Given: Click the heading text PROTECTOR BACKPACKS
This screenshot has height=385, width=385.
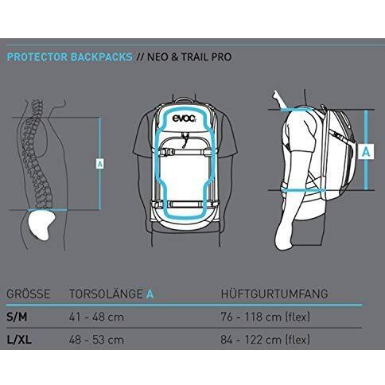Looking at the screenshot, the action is (x=69, y=57).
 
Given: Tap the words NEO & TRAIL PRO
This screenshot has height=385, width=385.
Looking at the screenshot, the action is (x=189, y=57).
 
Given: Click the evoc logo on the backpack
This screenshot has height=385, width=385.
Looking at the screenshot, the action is (x=185, y=119).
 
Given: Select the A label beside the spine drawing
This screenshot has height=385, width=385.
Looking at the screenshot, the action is (x=99, y=164).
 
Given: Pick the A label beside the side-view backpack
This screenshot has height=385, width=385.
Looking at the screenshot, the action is (x=366, y=152).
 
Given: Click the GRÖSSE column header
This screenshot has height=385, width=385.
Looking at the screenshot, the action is (x=29, y=294).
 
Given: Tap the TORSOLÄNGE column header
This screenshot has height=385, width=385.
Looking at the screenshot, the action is (x=106, y=294).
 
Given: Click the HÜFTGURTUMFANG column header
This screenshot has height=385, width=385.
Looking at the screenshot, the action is (x=274, y=294).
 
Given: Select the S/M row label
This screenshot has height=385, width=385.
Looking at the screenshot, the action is (x=17, y=317).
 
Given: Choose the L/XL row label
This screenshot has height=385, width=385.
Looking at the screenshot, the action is (x=19, y=340).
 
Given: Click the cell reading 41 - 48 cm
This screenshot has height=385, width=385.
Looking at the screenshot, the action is (x=96, y=317).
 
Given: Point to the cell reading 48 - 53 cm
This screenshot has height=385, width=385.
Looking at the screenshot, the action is (x=96, y=340).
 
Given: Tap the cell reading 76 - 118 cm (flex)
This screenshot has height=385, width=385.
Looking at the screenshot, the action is (x=265, y=317).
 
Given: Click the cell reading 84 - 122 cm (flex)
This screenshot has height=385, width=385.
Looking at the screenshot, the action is (x=265, y=340).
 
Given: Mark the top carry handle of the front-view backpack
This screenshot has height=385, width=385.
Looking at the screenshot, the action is (x=185, y=100).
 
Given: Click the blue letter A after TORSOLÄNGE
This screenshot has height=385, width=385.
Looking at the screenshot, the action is (x=150, y=294).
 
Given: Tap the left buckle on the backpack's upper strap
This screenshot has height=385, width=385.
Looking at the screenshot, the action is (x=166, y=152).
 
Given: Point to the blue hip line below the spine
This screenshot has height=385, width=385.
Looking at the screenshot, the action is (x=47, y=210).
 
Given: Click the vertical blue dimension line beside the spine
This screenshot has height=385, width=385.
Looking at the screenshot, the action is (x=100, y=163).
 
